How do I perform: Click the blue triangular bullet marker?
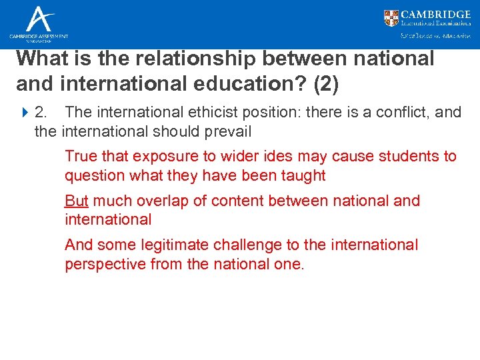pos(25,112)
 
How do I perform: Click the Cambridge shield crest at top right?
pos(392,18)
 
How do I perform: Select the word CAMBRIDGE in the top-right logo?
pos(436,14)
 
